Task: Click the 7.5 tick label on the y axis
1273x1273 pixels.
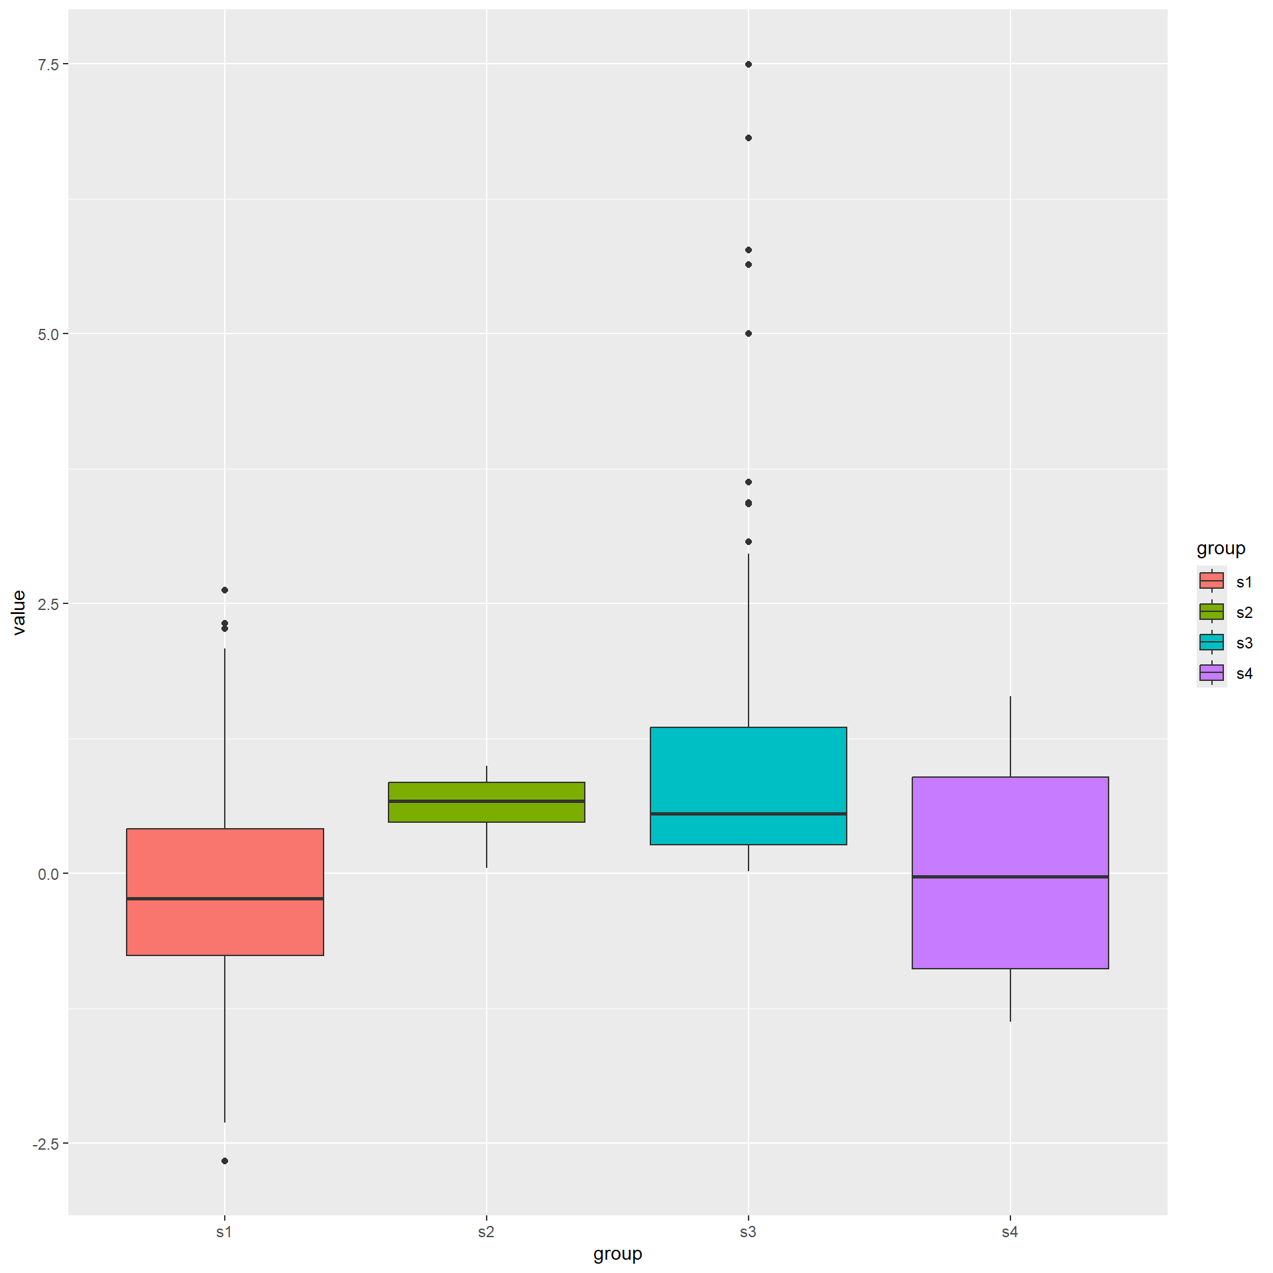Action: point(48,64)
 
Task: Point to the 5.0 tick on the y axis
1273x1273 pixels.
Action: point(48,334)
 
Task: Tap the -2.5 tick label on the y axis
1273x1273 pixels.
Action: point(45,1144)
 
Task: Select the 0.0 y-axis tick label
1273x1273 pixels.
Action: point(48,875)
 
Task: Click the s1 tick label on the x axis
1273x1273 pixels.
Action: point(224,1232)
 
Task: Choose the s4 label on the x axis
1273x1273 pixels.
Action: point(1010,1232)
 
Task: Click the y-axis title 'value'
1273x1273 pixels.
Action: point(19,612)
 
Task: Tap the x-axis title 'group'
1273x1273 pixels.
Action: point(617,1254)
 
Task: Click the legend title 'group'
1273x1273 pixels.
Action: point(1221,548)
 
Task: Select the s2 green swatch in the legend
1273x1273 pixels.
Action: point(1211,611)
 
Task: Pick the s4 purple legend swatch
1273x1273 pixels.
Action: point(1211,673)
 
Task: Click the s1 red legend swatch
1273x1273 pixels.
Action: point(1211,581)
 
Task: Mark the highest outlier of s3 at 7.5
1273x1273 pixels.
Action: point(749,64)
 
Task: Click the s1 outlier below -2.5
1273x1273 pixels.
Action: point(225,1161)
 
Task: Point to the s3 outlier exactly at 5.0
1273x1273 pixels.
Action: point(749,333)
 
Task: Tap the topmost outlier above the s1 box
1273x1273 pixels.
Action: point(225,590)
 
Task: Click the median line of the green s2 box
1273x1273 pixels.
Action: point(486,801)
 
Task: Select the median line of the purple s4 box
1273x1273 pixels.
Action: point(1010,877)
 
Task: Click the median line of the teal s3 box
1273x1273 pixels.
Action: point(748,814)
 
